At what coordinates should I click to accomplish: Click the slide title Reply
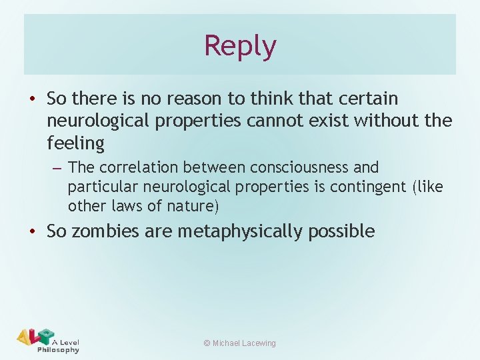pyautogui.click(x=240, y=46)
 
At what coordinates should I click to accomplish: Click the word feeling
pyautogui.click(x=76, y=143)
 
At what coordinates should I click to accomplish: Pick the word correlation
pyautogui.click(x=137, y=167)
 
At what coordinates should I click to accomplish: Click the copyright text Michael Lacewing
pyautogui.click(x=239, y=343)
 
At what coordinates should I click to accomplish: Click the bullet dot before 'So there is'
pyautogui.click(x=31, y=99)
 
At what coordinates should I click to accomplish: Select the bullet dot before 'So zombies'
pyautogui.click(x=31, y=232)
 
